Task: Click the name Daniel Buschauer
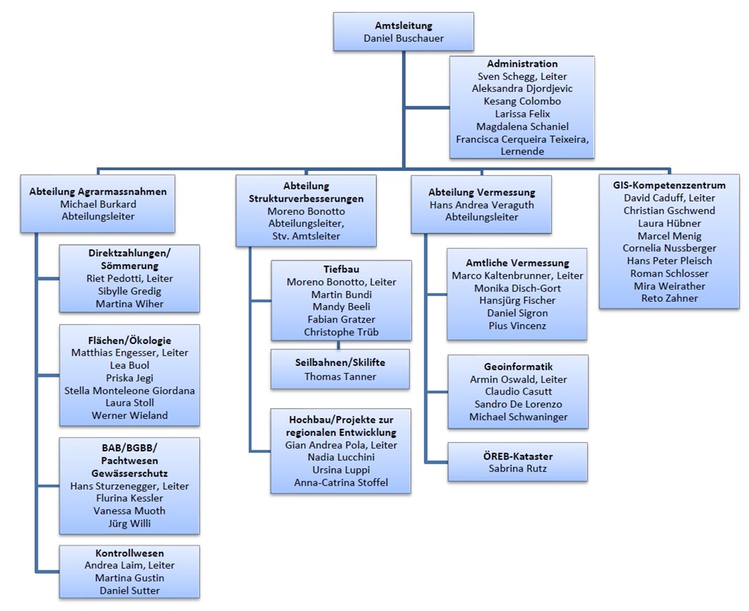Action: pyautogui.click(x=403, y=39)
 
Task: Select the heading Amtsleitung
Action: pyautogui.click(x=403, y=26)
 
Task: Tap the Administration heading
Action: pyautogui.click(x=522, y=64)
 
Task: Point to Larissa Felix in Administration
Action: pyautogui.click(x=522, y=114)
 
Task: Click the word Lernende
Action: pyautogui.click(x=522, y=151)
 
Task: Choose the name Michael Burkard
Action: pyautogui.click(x=98, y=204)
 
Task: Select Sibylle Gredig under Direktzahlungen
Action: pyautogui.click(x=130, y=291)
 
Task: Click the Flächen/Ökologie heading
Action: pyautogui.click(x=130, y=340)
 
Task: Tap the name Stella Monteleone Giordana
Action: pyautogui.click(x=130, y=391)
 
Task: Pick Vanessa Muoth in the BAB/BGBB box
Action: pyautogui.click(x=130, y=511)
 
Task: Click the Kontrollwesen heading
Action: pyautogui.click(x=130, y=553)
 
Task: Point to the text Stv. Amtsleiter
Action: pyautogui.click(x=306, y=235)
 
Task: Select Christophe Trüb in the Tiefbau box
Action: pyautogui.click(x=341, y=332)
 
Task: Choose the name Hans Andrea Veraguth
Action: pyautogui.click(x=481, y=205)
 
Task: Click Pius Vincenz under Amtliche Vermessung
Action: pyautogui.click(x=517, y=326)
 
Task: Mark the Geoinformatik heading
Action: pyautogui.click(x=518, y=366)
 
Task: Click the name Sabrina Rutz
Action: pyautogui.click(x=518, y=468)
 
